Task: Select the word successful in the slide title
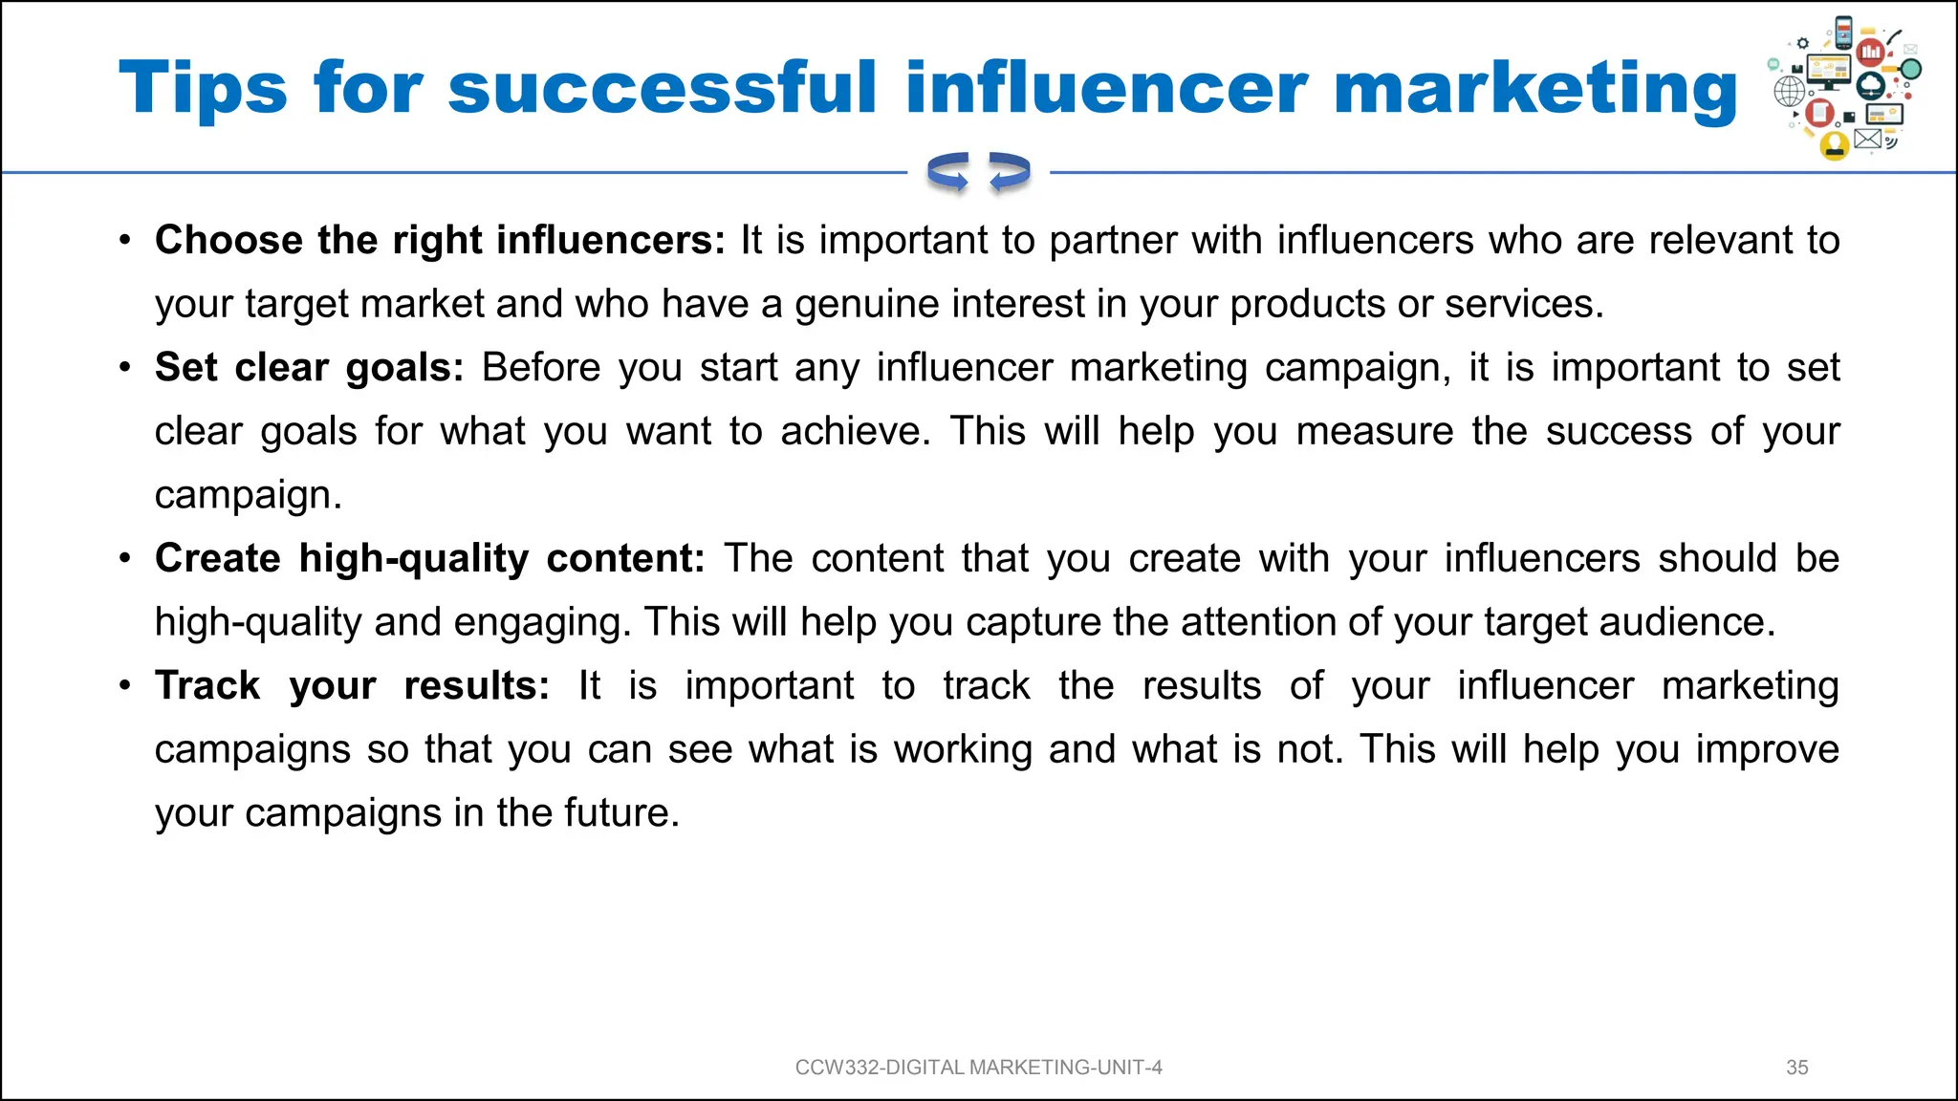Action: pos(662,89)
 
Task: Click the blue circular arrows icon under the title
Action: pos(978,173)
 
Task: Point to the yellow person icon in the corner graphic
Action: pos(1834,145)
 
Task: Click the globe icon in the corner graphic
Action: pos(1789,92)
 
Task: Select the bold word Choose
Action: pos(228,240)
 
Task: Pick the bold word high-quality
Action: pos(413,559)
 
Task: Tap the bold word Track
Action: pos(207,686)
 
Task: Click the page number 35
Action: pos(1796,1068)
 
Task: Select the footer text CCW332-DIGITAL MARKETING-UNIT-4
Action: pos(978,1068)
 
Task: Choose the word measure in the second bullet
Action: pos(1374,432)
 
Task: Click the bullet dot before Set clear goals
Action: pos(124,367)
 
